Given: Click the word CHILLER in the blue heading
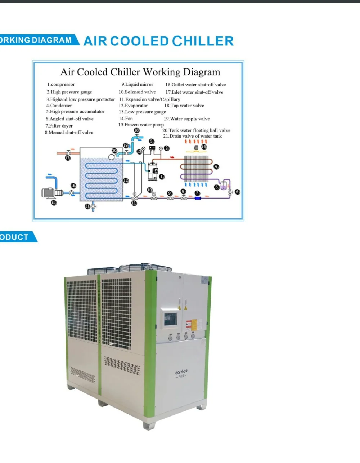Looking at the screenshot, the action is tap(203, 41).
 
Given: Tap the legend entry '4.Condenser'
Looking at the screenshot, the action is tap(59, 106).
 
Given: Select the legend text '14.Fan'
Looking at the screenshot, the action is tap(126, 118).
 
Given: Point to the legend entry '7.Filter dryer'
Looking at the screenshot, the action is tap(59, 126).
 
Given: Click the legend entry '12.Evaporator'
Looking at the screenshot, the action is tap(133, 106).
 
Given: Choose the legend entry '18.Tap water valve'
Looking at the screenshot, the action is tap(184, 106).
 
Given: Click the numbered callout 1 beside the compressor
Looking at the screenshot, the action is tap(162, 177).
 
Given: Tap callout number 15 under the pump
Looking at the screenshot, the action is tap(54, 202).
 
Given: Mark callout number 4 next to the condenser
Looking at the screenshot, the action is tap(216, 166).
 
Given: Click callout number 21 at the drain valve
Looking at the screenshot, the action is tap(87, 206).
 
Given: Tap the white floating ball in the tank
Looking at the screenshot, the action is tap(112, 156).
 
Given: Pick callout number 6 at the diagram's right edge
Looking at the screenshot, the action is tap(238, 192).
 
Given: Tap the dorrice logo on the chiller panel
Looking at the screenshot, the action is tap(181, 373).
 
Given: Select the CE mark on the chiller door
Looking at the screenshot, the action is tap(180, 277).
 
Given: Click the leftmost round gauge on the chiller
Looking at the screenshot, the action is tap(170, 338).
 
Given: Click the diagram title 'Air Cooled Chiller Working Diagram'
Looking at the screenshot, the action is tap(140, 72).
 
